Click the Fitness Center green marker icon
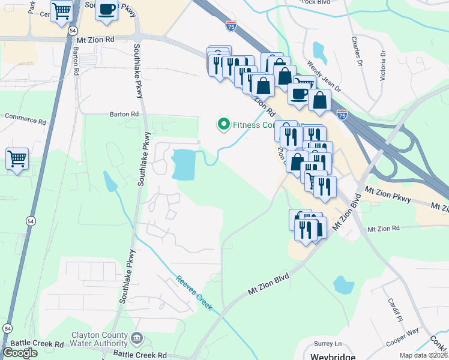click(x=224, y=125)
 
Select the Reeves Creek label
click(x=194, y=293)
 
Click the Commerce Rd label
click(x=25, y=120)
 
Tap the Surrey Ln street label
click(x=327, y=344)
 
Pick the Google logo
click(x=20, y=353)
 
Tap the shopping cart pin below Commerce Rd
click(x=17, y=160)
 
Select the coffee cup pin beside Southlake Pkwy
click(x=106, y=10)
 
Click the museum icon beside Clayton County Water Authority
click(x=137, y=340)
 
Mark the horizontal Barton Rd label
click(x=124, y=113)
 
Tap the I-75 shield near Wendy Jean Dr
click(x=342, y=114)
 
